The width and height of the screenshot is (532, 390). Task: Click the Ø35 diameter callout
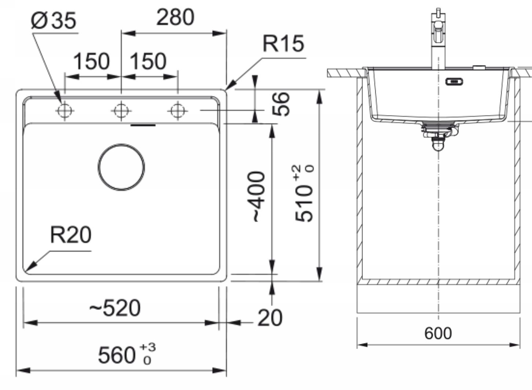click(x=54, y=20)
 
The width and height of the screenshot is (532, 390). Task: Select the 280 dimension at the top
click(x=175, y=18)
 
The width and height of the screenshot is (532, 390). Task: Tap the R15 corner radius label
click(x=283, y=43)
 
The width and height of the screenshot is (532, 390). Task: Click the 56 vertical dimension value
click(x=282, y=104)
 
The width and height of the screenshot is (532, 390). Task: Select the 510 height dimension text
click(x=304, y=194)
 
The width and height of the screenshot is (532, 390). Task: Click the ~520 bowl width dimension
click(x=115, y=308)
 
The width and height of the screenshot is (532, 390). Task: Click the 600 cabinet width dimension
click(x=438, y=333)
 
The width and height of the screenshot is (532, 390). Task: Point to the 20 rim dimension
click(x=270, y=318)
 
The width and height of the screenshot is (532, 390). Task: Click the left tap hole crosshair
click(x=64, y=110)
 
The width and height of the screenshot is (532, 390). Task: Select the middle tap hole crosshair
click(x=121, y=110)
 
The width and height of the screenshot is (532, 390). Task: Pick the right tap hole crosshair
click(x=178, y=110)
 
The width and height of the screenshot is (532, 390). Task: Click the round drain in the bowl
click(x=121, y=167)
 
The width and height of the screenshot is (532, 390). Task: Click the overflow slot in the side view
click(x=454, y=81)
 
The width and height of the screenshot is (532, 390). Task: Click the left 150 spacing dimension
click(x=92, y=61)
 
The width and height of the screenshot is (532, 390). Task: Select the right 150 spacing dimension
click(x=148, y=61)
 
